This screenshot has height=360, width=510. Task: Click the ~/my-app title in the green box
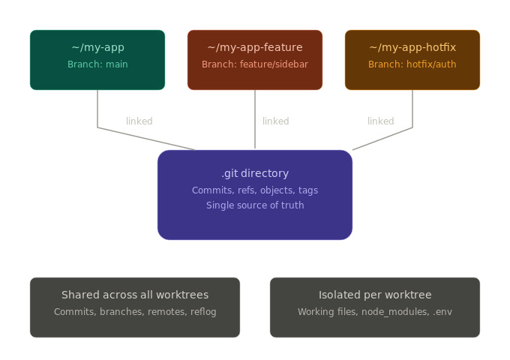(97, 48)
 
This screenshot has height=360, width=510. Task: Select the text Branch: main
(97, 64)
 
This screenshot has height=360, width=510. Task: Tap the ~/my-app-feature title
(255, 48)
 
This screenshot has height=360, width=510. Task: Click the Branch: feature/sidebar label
(255, 64)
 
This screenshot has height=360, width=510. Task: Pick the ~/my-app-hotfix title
(412, 48)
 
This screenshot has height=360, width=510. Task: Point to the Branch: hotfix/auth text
(412, 64)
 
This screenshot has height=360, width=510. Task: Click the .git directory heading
(255, 174)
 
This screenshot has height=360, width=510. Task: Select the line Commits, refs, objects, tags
(255, 190)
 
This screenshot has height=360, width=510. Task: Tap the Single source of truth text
(255, 205)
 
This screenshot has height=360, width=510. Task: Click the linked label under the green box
(139, 121)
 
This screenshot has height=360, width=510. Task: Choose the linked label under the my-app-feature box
(275, 121)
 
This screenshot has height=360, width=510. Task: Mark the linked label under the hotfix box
(380, 121)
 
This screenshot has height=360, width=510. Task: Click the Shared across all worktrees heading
(135, 295)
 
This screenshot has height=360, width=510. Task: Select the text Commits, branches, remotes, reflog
(135, 312)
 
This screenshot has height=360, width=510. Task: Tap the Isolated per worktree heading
(375, 295)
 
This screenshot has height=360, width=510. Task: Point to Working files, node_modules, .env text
(375, 312)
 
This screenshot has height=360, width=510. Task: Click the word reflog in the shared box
(203, 312)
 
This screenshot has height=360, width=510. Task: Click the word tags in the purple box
(308, 190)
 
